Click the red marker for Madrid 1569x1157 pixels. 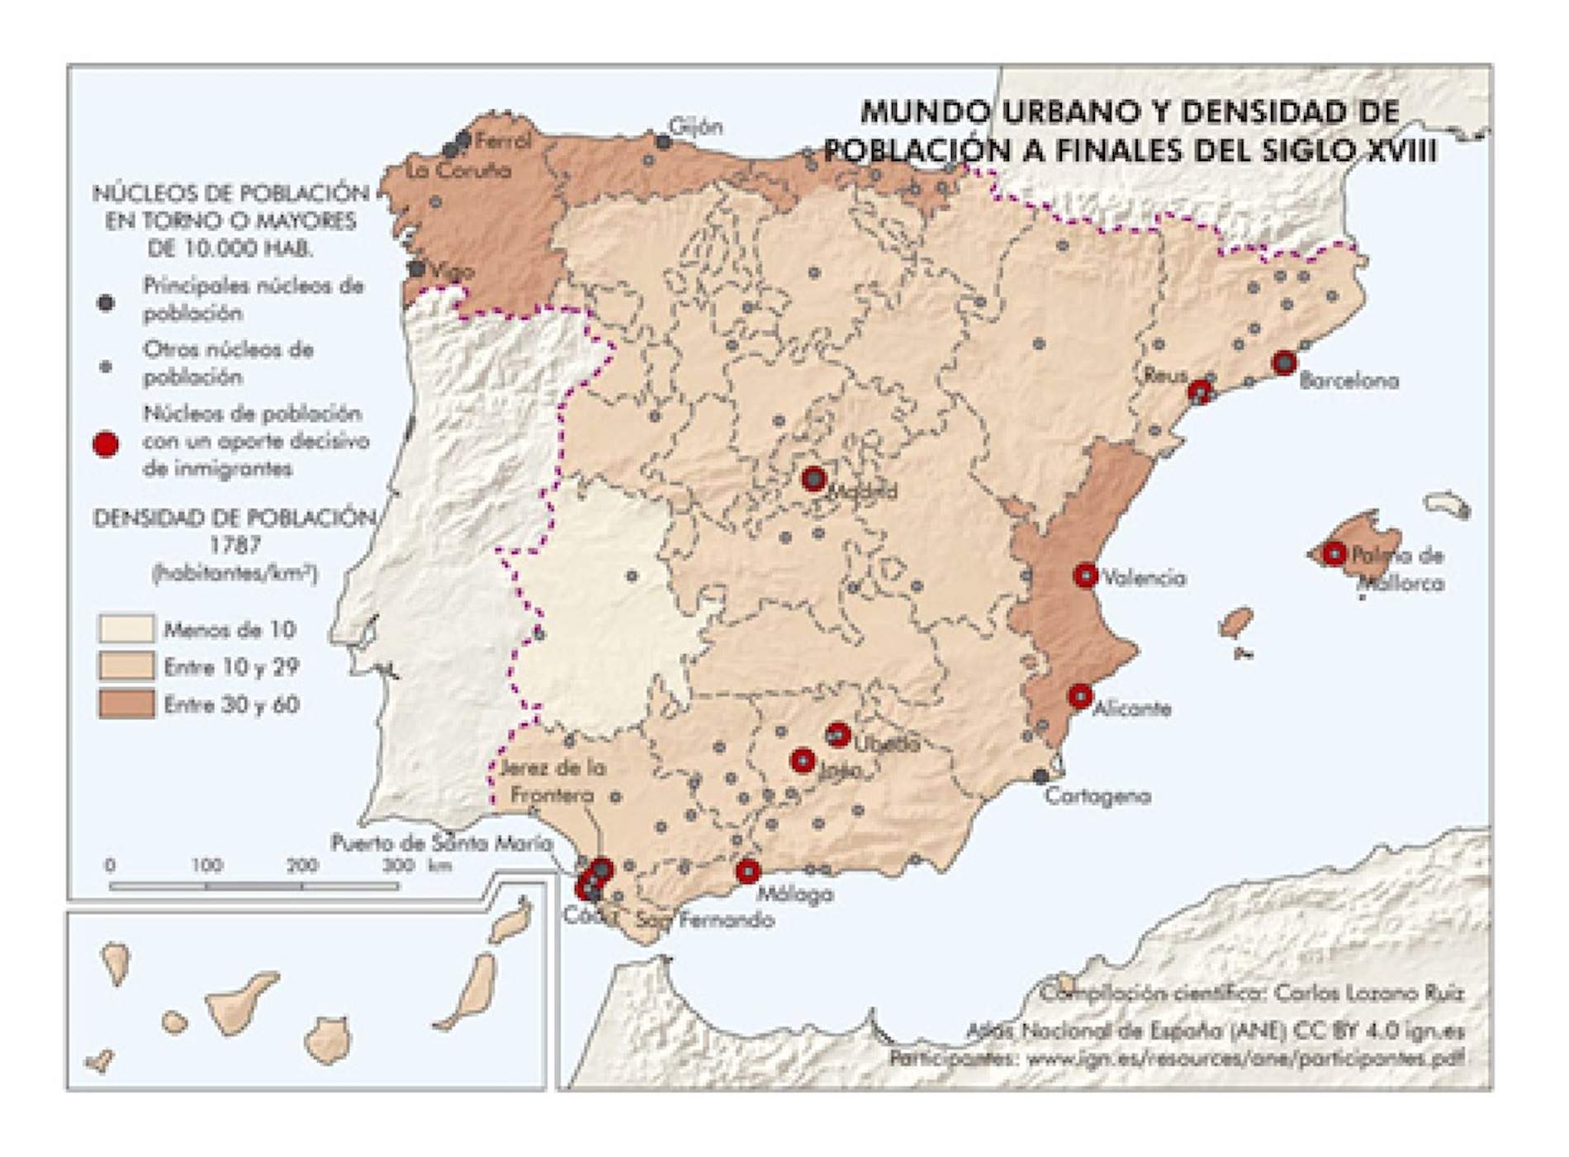tap(813, 478)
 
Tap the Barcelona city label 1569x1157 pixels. tap(1349, 382)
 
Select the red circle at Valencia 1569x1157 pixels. tap(1085, 575)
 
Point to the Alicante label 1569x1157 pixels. tap(1131, 709)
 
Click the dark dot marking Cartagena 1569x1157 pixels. tap(1041, 776)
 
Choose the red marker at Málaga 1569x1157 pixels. tap(747, 870)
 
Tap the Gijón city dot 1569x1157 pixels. tap(663, 142)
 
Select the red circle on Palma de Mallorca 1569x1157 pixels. tap(1334, 553)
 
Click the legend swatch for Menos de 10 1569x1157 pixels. tap(126, 628)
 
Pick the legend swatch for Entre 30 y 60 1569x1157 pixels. tap(126, 704)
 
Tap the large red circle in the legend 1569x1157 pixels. tap(106, 444)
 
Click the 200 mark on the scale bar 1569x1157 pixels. tap(302, 865)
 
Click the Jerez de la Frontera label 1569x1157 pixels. tap(552, 781)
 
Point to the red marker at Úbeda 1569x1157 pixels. tap(837, 733)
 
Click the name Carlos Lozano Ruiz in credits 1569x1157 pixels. tap(1368, 993)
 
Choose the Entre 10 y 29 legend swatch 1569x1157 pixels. tap(126, 666)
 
